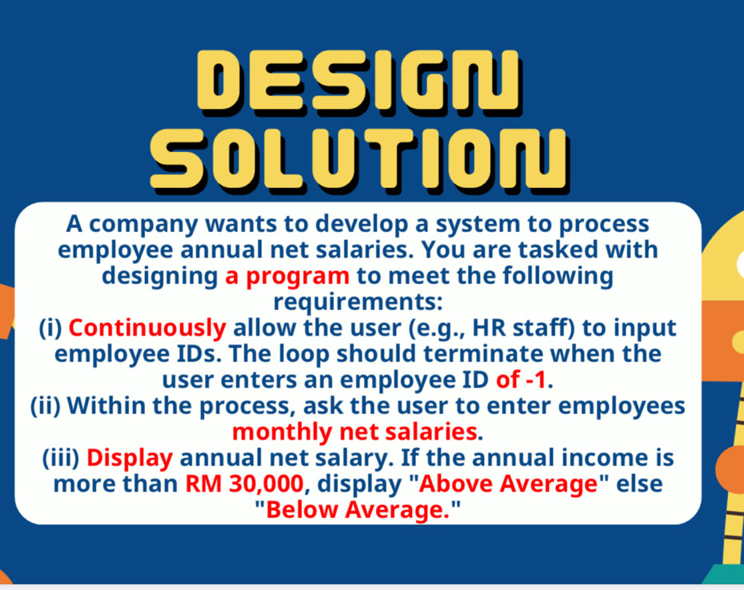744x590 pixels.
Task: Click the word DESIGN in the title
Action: click(359, 82)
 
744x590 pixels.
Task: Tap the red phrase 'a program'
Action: click(287, 276)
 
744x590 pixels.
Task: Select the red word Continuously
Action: click(147, 329)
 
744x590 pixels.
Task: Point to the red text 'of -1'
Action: click(521, 380)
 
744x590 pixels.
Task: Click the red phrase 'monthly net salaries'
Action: click(354, 432)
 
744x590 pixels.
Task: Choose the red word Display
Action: click(130, 458)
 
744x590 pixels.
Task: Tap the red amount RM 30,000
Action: click(244, 484)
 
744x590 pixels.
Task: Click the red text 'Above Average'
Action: click(508, 484)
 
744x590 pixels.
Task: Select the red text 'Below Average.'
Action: click(358, 510)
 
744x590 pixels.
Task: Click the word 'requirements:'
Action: click(358, 302)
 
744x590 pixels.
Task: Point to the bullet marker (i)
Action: click(50, 329)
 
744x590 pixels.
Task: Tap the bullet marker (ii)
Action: click(46, 406)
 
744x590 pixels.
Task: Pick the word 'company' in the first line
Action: click(144, 225)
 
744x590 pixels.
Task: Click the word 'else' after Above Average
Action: click(639, 484)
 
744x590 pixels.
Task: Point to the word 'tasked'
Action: click(557, 250)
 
